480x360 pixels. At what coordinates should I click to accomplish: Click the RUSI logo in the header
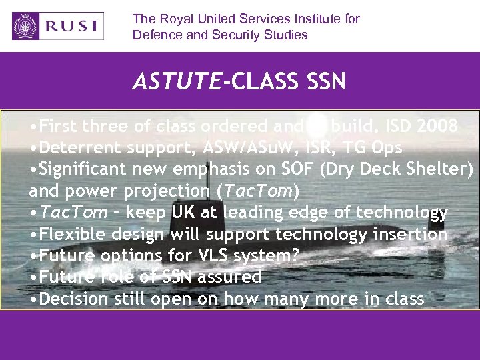pos(58,26)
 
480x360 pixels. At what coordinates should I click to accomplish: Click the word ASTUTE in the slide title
pos(176,81)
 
